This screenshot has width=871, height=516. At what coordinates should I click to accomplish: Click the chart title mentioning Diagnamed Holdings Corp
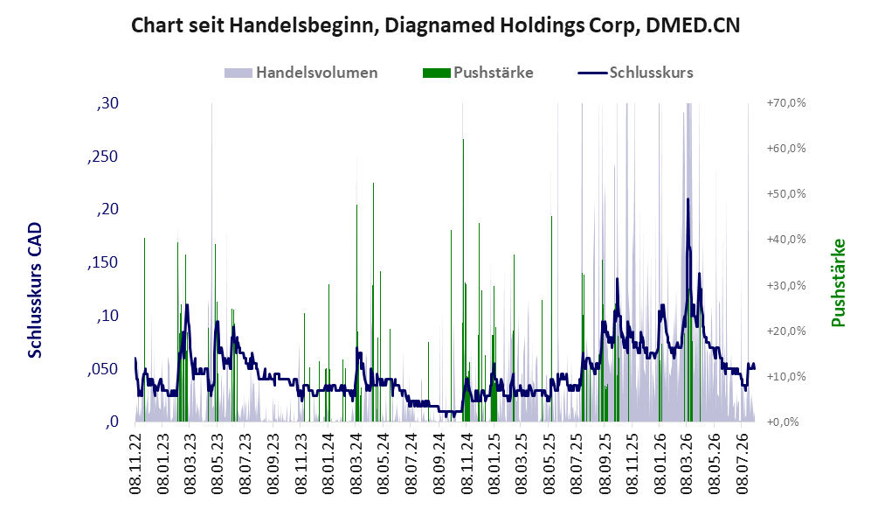click(x=435, y=25)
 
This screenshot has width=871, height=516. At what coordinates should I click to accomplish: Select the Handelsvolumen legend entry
click(x=301, y=73)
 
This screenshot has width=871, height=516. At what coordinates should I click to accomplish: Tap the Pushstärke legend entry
click(x=478, y=73)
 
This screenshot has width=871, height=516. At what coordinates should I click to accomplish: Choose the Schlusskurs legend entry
click(x=635, y=73)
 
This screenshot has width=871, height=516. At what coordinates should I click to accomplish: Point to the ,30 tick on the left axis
click(x=107, y=103)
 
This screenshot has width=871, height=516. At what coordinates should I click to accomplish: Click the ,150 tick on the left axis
click(x=103, y=262)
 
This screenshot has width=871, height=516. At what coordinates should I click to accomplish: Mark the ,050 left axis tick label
click(x=103, y=369)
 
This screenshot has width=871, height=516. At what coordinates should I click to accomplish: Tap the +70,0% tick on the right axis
click(x=786, y=103)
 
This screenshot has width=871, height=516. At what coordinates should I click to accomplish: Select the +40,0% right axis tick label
click(x=786, y=240)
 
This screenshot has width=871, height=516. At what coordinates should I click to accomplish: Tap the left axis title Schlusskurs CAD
click(x=35, y=289)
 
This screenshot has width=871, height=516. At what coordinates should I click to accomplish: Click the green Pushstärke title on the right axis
click(x=838, y=283)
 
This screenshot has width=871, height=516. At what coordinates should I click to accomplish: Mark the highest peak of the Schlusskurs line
click(x=688, y=199)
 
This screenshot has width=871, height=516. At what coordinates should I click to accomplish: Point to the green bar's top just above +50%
click(x=373, y=183)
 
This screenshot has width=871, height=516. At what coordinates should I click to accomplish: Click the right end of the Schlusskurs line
click(x=754, y=368)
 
